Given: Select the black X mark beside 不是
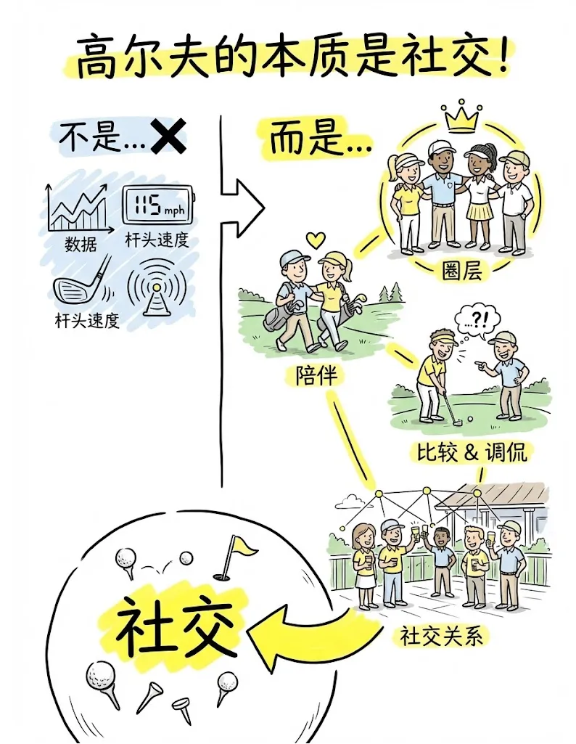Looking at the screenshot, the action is [167, 137].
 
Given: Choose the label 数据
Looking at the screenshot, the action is [80, 244].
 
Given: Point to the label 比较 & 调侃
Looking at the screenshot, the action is [472, 452].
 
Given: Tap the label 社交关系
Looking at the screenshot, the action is [443, 637].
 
